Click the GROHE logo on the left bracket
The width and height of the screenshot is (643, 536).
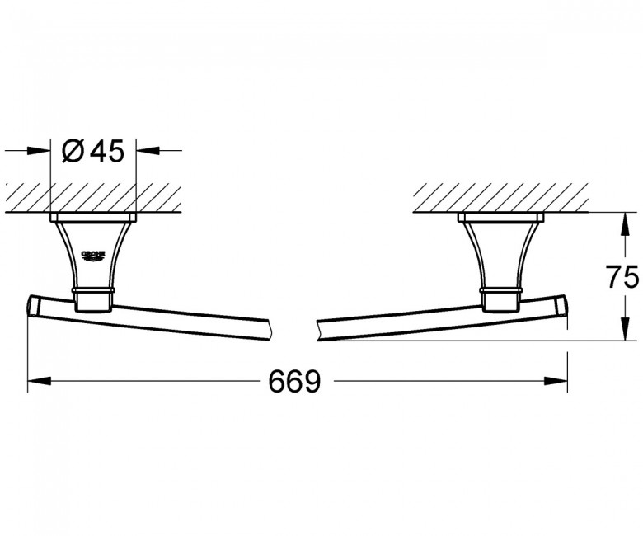pos(93,256)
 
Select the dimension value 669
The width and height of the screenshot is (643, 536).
pos(294,381)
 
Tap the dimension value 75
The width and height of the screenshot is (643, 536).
pos(623,277)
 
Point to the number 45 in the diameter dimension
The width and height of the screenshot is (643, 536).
pos(107,151)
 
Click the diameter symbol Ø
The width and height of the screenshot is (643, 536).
pos(73,151)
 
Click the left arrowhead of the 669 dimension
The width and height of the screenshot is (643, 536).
pos(39,381)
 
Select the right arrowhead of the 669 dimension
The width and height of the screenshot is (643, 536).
pos(556,381)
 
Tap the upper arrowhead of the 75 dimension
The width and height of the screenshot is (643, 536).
pos(624,224)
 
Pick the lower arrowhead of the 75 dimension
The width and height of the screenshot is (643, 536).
pos(624,328)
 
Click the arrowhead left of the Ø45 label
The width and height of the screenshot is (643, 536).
pos(39,151)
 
